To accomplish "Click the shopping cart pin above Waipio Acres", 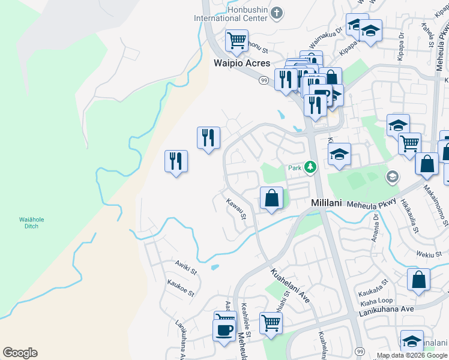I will [x=237, y=41].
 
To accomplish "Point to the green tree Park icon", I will [x=310, y=167].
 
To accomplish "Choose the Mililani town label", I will [x=327, y=203].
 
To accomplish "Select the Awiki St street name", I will [x=186, y=268].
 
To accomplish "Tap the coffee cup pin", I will [x=224, y=330].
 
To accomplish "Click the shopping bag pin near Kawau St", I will [x=271, y=197].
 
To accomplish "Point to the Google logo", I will [x=20, y=353].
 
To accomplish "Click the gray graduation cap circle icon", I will [x=392, y=176].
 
